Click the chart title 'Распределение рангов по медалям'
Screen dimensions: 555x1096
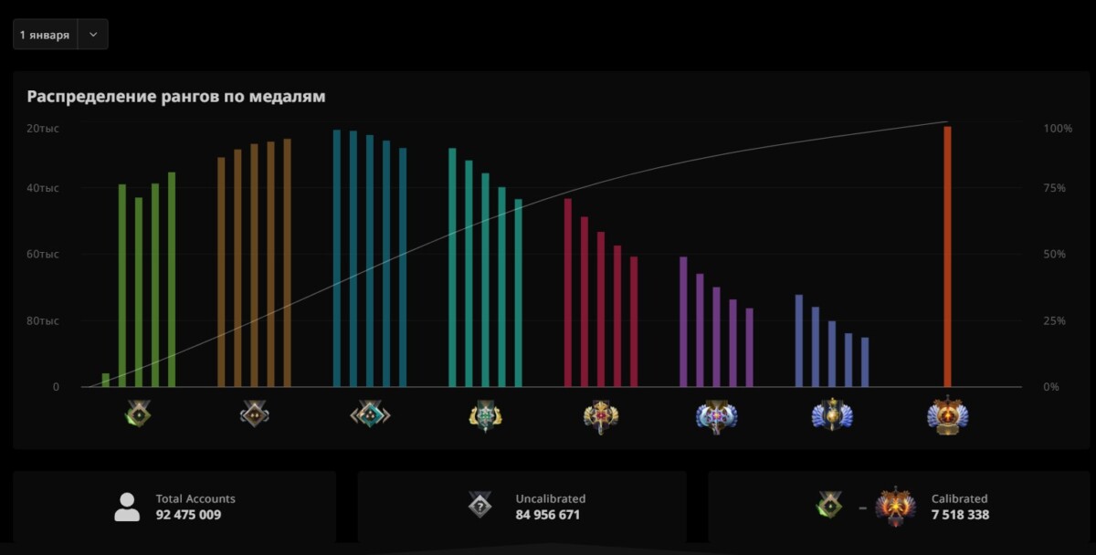point(176,96)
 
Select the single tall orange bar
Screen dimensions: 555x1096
point(947,257)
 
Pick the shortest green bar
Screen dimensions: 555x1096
point(106,380)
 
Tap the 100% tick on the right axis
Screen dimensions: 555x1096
point(1058,129)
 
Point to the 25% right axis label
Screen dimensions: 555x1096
point(1055,321)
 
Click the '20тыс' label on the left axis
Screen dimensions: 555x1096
point(43,129)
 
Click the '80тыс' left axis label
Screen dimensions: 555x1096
point(43,321)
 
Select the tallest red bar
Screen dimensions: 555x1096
point(568,292)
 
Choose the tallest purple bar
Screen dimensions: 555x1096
point(683,321)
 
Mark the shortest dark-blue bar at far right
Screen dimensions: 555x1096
point(865,361)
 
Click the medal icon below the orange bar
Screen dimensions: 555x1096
point(947,416)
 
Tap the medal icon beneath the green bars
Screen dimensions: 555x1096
point(139,415)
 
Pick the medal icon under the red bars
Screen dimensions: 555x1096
point(601,416)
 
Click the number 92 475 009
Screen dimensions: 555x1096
point(188,515)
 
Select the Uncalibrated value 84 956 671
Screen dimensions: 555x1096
point(548,515)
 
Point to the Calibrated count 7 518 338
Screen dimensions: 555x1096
point(960,515)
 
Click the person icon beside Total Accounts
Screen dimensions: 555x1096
point(127,507)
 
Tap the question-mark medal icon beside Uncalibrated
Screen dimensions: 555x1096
point(480,505)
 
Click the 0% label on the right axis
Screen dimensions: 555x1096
point(1052,387)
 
